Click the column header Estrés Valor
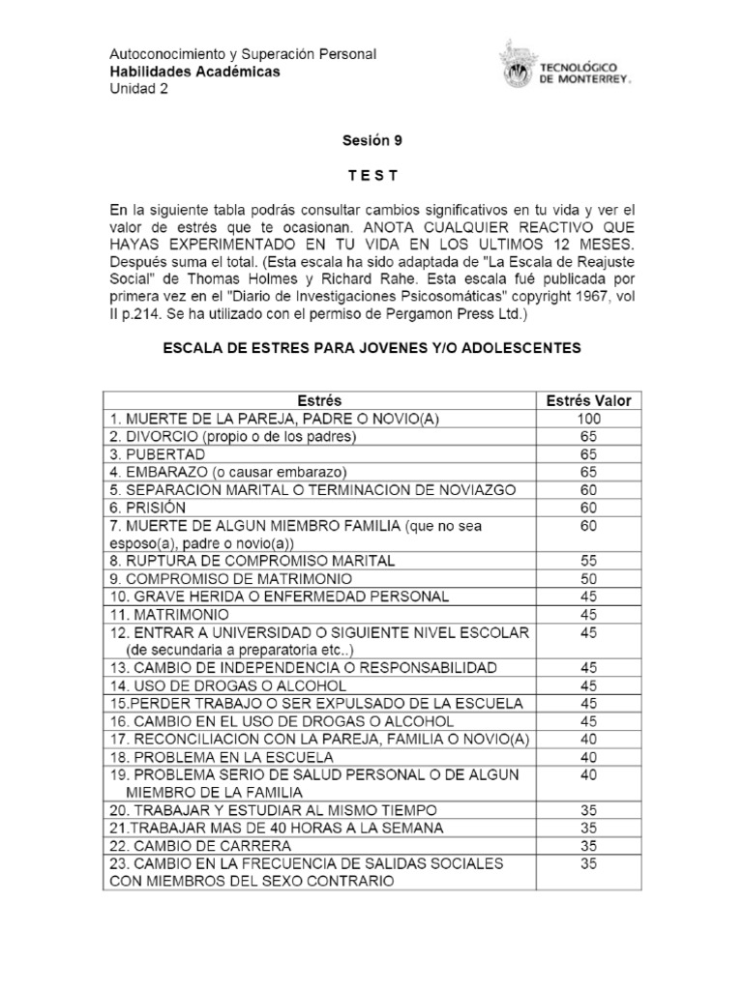589,401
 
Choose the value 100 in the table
589,419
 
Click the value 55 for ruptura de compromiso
589,560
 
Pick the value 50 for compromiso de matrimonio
589,578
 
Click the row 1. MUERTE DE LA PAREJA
253,419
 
